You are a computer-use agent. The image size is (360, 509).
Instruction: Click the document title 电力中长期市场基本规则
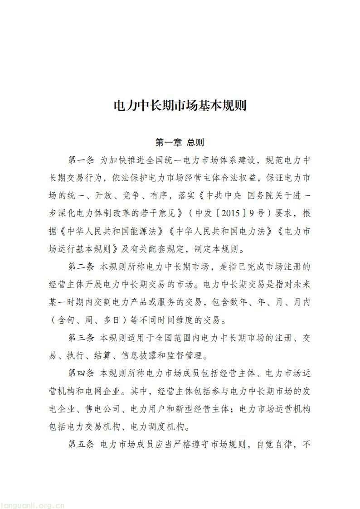tap(180, 106)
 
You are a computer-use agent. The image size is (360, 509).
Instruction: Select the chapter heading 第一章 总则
tap(180, 142)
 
